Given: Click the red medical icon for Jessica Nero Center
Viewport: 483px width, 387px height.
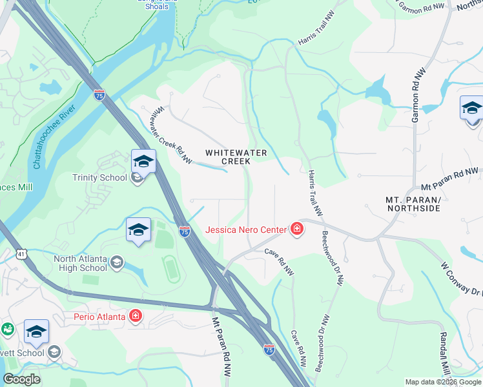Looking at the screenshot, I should click(296, 230).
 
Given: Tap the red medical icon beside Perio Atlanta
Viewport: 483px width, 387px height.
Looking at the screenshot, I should click(135, 315).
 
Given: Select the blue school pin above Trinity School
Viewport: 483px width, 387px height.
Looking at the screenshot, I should click(143, 161).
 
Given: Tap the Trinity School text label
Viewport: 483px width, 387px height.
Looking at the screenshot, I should click(99, 178).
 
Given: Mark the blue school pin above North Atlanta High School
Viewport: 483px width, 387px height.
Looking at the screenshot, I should click(138, 230).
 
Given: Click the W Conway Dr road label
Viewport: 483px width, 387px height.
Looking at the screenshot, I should click(462, 277).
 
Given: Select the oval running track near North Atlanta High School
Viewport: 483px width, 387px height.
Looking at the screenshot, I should click(171, 269).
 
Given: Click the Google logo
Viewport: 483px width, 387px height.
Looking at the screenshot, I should click(21, 379).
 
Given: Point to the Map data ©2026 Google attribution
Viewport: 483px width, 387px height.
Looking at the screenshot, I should click(443, 382).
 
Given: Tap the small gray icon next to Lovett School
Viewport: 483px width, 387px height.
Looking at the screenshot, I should click(55, 352).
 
